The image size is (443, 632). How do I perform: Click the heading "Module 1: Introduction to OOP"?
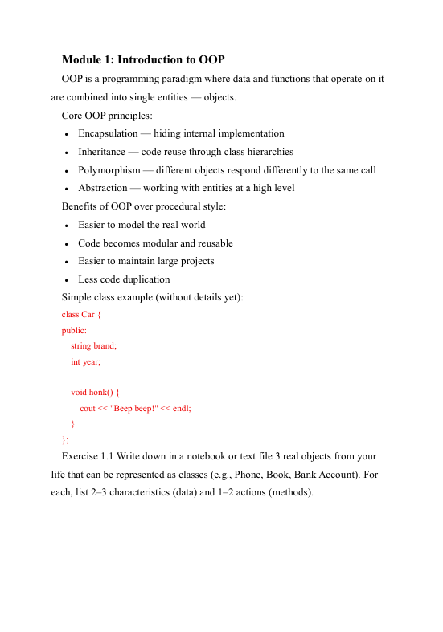[143, 60]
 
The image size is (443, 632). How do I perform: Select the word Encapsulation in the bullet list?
[109, 133]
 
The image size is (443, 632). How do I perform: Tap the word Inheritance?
[101, 152]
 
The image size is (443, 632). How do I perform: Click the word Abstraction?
[102, 188]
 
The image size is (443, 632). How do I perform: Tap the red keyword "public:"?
[75, 330]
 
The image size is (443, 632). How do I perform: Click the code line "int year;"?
[86, 361]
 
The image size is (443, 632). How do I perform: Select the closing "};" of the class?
[65, 439]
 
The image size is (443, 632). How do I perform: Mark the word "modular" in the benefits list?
[164, 243]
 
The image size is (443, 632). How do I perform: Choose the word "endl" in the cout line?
[181, 408]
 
